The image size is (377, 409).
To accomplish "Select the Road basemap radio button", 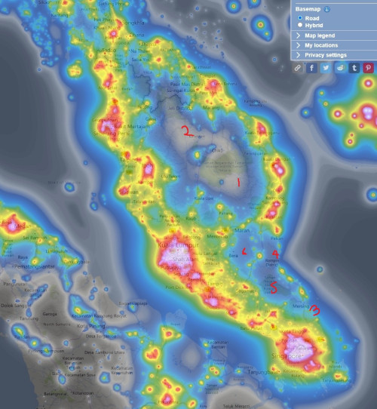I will [x=300, y=17].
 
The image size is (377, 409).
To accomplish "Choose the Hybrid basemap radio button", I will [x=300, y=24].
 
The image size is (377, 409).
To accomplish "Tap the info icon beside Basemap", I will [x=327, y=8].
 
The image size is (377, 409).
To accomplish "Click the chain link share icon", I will [x=299, y=68].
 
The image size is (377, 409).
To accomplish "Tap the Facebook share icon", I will [x=313, y=68].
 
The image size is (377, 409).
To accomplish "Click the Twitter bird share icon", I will [x=326, y=68].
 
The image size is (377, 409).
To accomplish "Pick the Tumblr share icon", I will [x=354, y=68].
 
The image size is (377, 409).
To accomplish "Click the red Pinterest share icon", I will [x=369, y=68].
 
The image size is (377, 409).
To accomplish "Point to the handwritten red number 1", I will [x=238, y=183].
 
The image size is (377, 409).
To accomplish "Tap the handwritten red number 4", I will [x=275, y=255].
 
